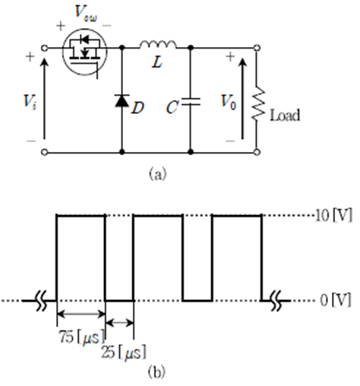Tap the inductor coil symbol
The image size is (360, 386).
click(x=158, y=44)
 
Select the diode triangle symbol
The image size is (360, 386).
click(x=122, y=100)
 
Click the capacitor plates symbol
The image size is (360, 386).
click(x=191, y=102)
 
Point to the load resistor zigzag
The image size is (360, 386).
click(x=258, y=104)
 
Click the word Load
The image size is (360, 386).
click(x=285, y=115)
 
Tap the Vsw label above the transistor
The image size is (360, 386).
click(x=86, y=14)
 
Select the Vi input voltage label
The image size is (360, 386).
click(x=30, y=102)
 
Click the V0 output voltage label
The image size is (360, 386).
click(x=229, y=102)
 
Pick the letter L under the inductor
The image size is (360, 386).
click(x=157, y=62)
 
